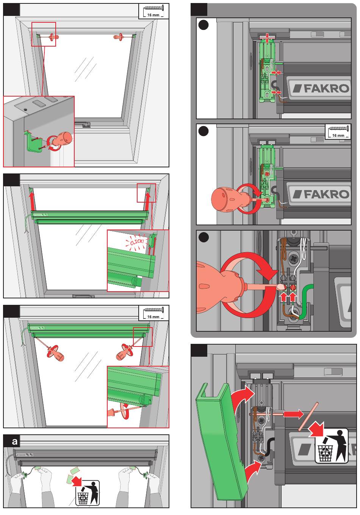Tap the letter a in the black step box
pos(14,442)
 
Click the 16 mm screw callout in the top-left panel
pos(154,11)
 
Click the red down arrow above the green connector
pos(268,37)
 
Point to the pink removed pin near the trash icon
pos(308,417)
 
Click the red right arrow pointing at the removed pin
pos(294,414)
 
